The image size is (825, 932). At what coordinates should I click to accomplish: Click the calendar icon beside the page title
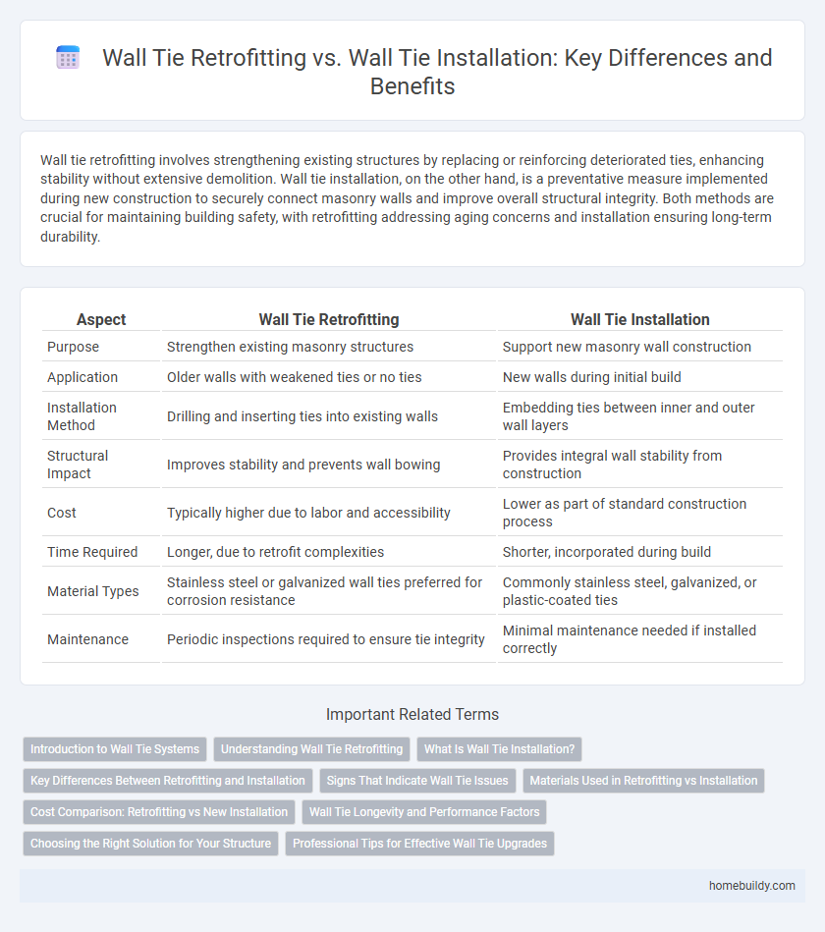[x=68, y=59]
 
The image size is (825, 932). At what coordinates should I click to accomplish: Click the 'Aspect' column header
[x=102, y=319]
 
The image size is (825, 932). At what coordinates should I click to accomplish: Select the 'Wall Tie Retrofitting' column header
[x=328, y=319]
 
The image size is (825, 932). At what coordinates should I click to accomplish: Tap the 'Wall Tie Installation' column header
[x=640, y=319]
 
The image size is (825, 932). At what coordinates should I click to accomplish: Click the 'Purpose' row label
[x=74, y=347]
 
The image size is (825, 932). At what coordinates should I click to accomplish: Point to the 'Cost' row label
[x=62, y=512]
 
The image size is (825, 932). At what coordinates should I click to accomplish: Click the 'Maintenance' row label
[x=87, y=639]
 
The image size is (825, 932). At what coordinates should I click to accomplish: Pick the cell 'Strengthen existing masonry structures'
[x=290, y=347]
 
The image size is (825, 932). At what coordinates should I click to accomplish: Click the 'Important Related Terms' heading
[x=412, y=714]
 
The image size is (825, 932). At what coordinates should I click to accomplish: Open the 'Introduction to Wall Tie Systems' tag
[x=115, y=749]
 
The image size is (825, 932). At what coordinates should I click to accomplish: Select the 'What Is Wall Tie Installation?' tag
[x=500, y=749]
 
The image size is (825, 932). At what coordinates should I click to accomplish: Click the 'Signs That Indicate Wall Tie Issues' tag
[x=417, y=781]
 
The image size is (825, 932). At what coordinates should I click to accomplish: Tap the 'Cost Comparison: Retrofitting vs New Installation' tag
[x=159, y=812]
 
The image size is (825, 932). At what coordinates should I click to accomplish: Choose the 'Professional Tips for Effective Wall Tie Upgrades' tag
[x=419, y=844]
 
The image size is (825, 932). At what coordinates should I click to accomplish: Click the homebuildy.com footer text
[x=752, y=887]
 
